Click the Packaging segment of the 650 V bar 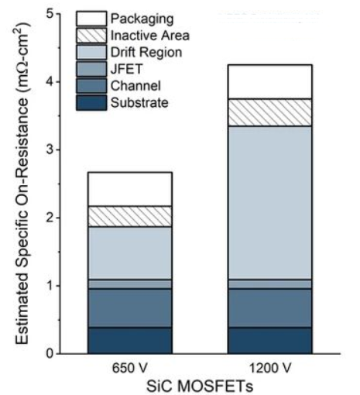pyautogui.click(x=129, y=189)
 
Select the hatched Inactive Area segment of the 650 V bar pyautogui.click(x=129, y=216)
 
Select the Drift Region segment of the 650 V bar pyautogui.click(x=129, y=252)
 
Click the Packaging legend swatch pyautogui.click(x=90, y=18)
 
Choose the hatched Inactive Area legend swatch pyautogui.click(x=90, y=35)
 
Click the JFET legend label pyautogui.click(x=124, y=69)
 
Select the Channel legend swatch pyautogui.click(x=90, y=86)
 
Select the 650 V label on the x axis pyautogui.click(x=129, y=366)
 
